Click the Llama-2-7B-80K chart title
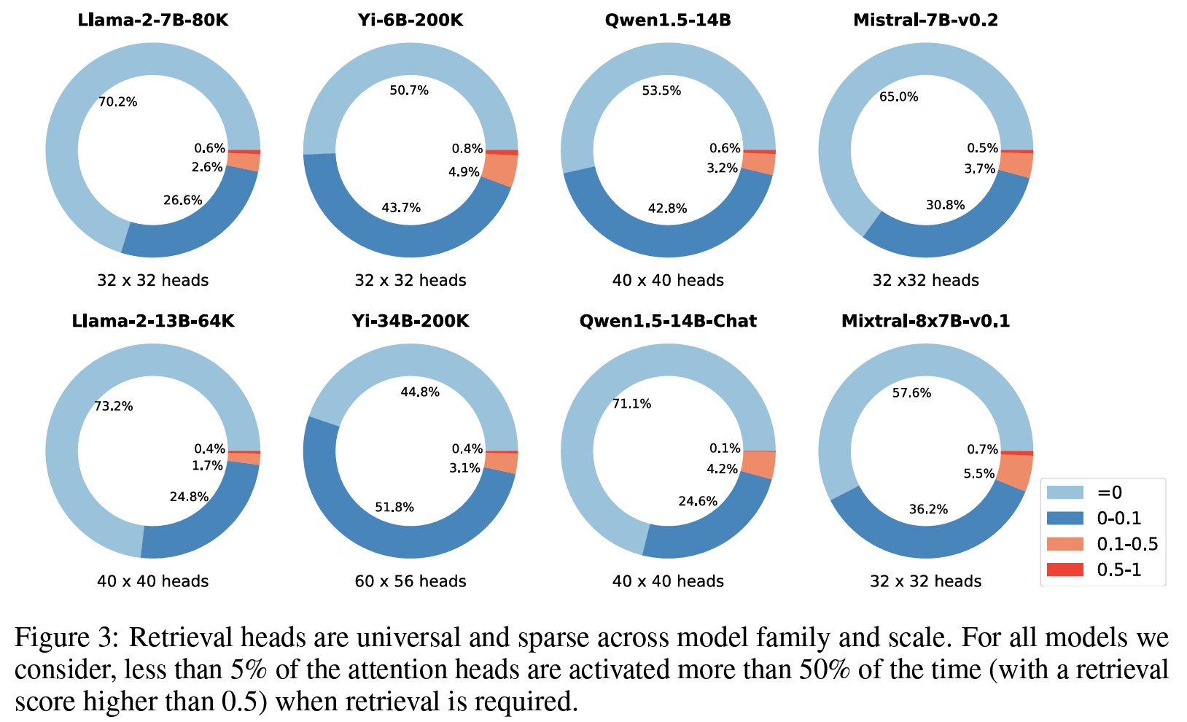coord(152,20)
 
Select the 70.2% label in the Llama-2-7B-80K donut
coord(118,102)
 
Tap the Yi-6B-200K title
coord(410,20)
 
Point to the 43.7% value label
coord(401,208)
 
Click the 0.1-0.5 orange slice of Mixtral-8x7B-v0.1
coord(1014,470)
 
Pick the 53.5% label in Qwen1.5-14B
coord(661,91)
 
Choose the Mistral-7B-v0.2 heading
coord(925,20)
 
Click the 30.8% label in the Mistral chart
coord(946,206)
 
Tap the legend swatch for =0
coord(1065,492)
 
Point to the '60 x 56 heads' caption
coord(410,581)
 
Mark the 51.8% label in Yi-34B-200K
coord(394,507)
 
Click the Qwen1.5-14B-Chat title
coord(668,321)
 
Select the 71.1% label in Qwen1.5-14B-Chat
coord(632,404)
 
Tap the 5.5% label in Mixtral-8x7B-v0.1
coord(979,474)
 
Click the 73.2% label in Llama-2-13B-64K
coord(114,406)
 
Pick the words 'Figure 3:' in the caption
coord(66,638)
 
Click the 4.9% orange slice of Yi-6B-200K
coord(502,171)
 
